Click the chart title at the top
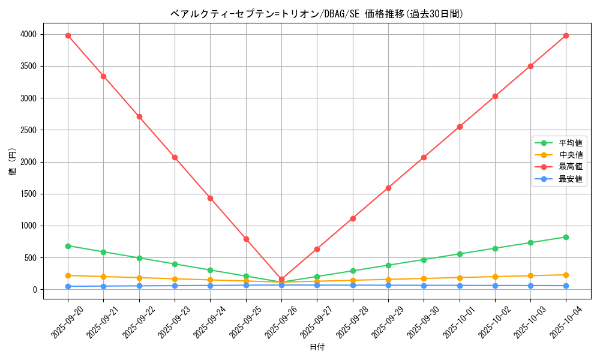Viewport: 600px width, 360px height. click(x=317, y=14)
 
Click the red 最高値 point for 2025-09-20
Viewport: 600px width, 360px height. click(x=68, y=35)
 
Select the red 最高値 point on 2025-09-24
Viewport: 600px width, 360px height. click(x=210, y=198)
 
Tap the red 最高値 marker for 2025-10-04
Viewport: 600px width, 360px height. click(x=566, y=35)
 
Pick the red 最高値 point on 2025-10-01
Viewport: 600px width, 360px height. click(x=460, y=127)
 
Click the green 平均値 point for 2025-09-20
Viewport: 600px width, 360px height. click(x=68, y=246)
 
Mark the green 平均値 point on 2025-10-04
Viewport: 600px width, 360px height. click(x=566, y=237)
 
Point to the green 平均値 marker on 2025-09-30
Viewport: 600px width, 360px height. click(x=424, y=260)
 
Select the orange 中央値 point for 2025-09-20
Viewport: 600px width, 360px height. click(x=68, y=275)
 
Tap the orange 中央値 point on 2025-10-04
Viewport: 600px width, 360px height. click(x=566, y=275)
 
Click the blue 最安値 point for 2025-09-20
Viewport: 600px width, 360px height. click(x=68, y=286)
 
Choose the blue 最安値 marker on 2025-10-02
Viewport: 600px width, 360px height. click(x=495, y=286)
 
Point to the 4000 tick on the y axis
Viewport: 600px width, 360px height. click(x=28, y=35)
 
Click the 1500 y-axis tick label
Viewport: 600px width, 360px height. click(x=28, y=194)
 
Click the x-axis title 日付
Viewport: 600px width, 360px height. click(x=317, y=347)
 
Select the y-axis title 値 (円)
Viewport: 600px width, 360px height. click(x=12, y=162)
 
